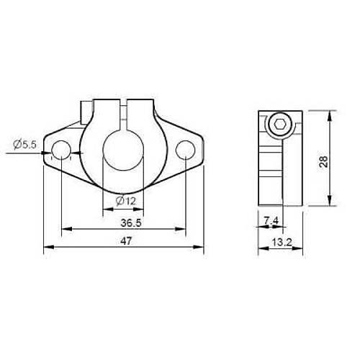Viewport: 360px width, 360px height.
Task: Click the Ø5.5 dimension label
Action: click(x=25, y=145)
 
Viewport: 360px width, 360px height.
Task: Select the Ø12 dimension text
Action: click(x=126, y=201)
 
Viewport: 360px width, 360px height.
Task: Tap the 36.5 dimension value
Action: click(x=131, y=223)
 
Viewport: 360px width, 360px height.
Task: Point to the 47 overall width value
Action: click(x=126, y=241)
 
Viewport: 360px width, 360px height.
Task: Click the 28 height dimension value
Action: click(x=323, y=161)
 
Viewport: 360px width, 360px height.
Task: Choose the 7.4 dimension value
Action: click(x=271, y=220)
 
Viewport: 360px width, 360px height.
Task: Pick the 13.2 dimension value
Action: click(x=282, y=243)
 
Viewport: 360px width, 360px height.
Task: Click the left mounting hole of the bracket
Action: click(x=61, y=150)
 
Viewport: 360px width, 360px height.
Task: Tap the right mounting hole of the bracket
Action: click(x=185, y=150)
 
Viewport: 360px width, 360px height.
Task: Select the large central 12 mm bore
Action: click(x=123, y=150)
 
